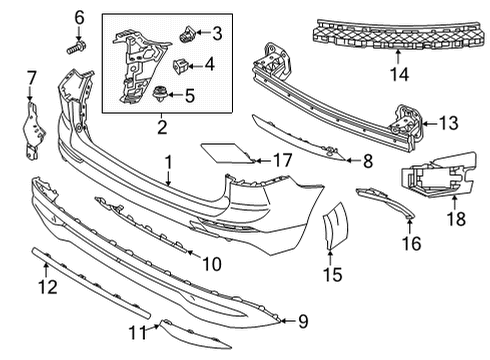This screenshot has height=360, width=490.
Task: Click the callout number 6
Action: pyautogui.click(x=80, y=17)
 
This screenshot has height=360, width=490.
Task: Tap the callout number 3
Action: pyautogui.click(x=217, y=34)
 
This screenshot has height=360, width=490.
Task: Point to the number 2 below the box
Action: pyautogui.click(x=160, y=128)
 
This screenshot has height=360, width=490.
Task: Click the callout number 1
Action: pyautogui.click(x=169, y=162)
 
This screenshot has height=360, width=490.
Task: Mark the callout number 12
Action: pyautogui.click(x=43, y=289)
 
